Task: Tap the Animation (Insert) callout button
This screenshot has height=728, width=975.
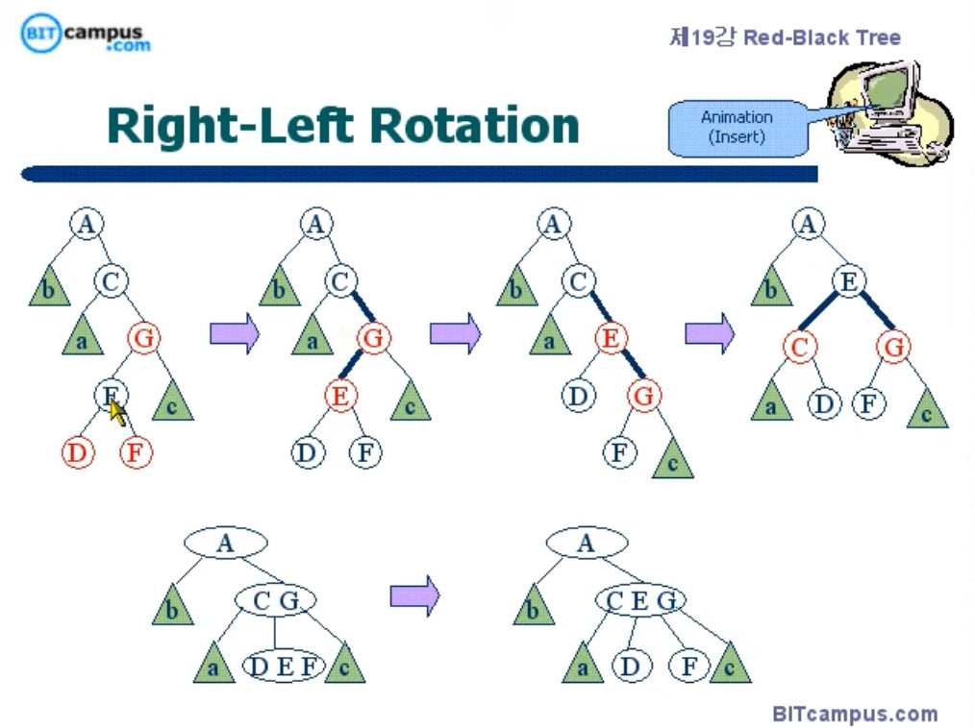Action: (x=737, y=127)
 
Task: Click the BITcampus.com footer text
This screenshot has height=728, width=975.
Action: (x=855, y=714)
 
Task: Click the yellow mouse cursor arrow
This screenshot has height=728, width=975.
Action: (x=117, y=412)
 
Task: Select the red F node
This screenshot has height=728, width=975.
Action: (x=137, y=452)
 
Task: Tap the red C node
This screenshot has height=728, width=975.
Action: (x=799, y=347)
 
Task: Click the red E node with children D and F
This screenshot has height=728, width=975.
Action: (x=339, y=395)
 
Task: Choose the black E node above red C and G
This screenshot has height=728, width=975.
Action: (x=848, y=281)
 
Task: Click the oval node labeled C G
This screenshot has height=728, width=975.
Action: (x=276, y=601)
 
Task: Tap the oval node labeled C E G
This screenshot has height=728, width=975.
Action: (x=639, y=601)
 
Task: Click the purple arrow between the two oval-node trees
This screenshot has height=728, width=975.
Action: (x=413, y=596)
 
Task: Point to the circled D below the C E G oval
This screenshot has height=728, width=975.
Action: (x=631, y=666)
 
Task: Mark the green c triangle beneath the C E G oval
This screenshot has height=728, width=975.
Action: (x=730, y=665)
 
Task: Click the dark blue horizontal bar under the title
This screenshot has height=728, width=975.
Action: (x=419, y=174)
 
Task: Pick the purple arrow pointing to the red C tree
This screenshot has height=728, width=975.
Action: (x=709, y=333)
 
